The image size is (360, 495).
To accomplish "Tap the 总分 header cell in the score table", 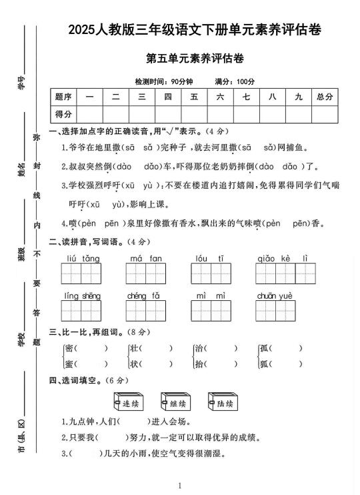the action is click(325, 97).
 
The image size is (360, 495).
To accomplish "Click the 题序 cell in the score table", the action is click(63, 97).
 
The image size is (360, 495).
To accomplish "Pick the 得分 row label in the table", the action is click(63, 113).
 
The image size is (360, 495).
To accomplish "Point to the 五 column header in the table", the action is click(194, 97).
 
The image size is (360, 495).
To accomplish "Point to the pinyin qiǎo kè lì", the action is click(283, 258).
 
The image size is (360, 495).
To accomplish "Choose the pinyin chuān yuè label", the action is click(275, 296).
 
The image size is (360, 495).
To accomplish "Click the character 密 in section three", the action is click(69, 348).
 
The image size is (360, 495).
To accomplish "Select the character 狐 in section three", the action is click(264, 364).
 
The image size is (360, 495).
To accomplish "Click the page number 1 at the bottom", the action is click(180, 486).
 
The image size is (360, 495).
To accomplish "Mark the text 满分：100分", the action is click(235, 81).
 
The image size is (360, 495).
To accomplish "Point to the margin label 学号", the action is click(21, 83).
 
